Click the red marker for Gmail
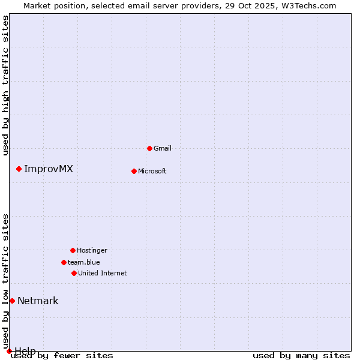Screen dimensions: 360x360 point(149,148)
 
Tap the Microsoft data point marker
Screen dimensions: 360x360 point(134,171)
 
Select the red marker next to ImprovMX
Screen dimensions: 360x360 point(19,169)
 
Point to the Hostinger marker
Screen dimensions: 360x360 point(73,250)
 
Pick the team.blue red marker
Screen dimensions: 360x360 point(64,262)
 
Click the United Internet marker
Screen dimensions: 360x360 point(74,273)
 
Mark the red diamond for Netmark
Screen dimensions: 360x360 point(12,301)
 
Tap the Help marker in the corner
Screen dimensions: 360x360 point(9,351)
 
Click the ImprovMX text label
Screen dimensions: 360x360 point(49,169)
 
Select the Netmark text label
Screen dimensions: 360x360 point(38,301)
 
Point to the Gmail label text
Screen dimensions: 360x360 point(163,148)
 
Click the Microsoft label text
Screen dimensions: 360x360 point(152,171)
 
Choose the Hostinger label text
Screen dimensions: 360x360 point(92,250)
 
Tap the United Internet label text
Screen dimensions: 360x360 point(103,273)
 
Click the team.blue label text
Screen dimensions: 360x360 point(84,262)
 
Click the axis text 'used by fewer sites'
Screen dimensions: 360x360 point(62,355)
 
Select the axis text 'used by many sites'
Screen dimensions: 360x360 point(301,355)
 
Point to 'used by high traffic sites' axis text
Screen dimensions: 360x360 point(6,85)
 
